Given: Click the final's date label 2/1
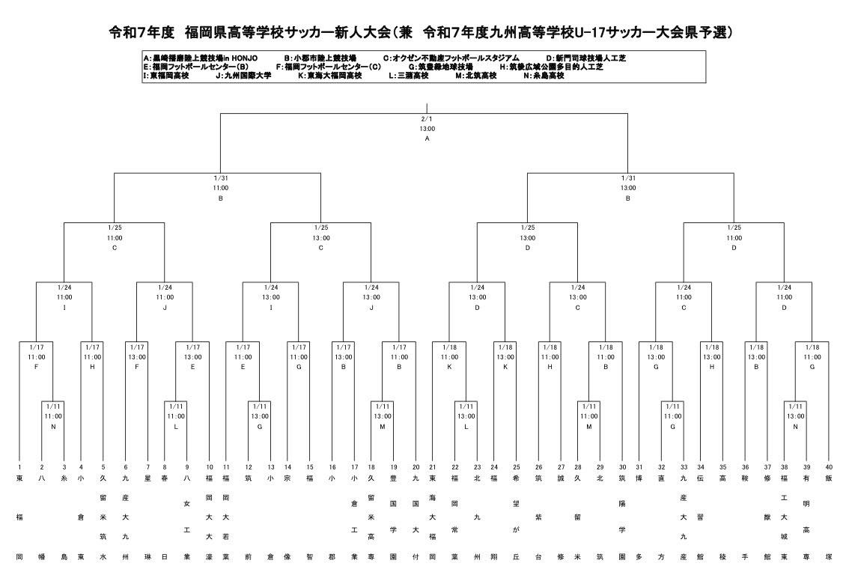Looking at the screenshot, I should pyautogui.click(x=427, y=118).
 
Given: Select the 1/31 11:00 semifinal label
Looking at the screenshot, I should pyautogui.click(x=220, y=188).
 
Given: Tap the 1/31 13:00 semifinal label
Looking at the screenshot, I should pyautogui.click(x=628, y=188).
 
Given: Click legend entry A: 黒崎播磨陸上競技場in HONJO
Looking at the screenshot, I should pyautogui.click(x=201, y=58).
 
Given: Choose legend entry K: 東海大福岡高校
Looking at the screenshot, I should pyautogui.click(x=329, y=76).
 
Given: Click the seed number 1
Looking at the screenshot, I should pyautogui.click(x=20, y=466).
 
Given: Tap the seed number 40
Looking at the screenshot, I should pyautogui.click(x=829, y=466).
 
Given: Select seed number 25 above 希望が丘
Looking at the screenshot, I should pyautogui.click(x=516, y=466).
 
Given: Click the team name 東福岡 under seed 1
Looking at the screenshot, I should pyautogui.click(x=20, y=517).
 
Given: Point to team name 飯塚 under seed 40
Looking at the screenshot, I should pyautogui.click(x=829, y=517).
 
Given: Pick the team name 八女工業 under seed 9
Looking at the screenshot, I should pyautogui.click(x=187, y=517).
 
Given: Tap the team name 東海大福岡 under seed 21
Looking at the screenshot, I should pyautogui.click(x=433, y=517).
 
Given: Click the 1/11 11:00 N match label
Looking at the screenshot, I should pyautogui.click(x=53, y=416).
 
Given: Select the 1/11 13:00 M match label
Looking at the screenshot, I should pyautogui.click(x=383, y=416).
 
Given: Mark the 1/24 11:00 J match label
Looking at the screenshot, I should pyautogui.click(x=165, y=296).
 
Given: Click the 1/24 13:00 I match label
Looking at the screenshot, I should pyautogui.click(x=270, y=296).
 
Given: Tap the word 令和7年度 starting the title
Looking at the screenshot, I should pyautogui.click(x=141, y=32).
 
